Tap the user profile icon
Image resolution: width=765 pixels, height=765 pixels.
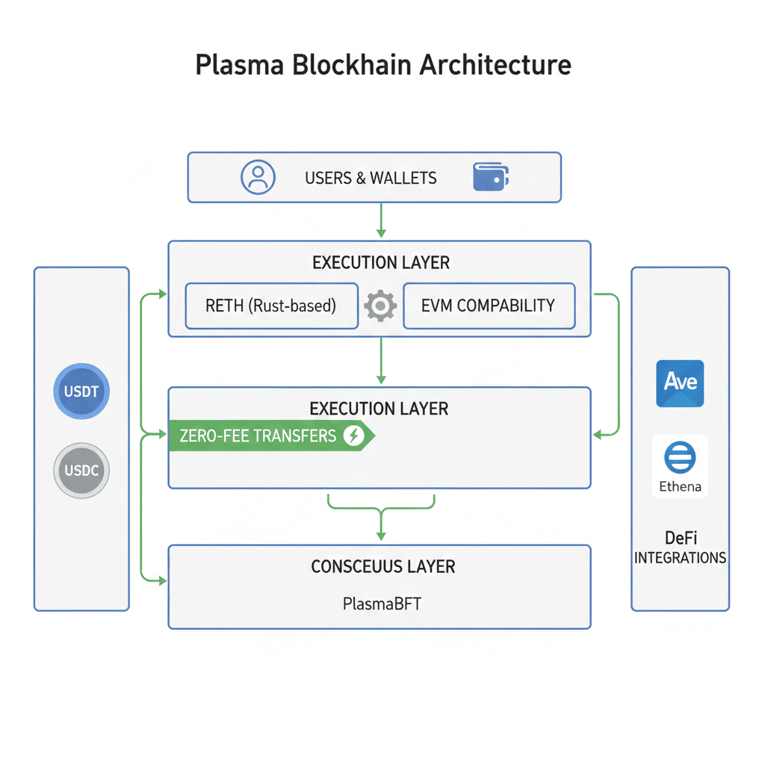tap(258, 177)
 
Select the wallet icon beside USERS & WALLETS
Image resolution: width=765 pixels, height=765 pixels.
tap(491, 177)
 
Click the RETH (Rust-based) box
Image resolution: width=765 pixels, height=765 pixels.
tap(271, 306)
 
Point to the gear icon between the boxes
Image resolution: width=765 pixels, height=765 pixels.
tap(380, 306)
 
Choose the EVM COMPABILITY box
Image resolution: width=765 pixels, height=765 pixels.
tap(489, 306)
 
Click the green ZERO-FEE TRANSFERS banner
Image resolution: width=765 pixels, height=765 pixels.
tap(269, 436)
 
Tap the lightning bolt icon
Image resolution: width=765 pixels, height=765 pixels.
tap(353, 436)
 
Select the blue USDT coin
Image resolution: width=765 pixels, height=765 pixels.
tap(81, 391)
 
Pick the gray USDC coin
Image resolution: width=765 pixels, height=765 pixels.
tap(81, 471)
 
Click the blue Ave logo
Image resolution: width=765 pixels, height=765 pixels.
tap(680, 383)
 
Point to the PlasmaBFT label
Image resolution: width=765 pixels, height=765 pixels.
tap(382, 603)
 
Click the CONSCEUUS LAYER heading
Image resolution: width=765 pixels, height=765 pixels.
tap(382, 566)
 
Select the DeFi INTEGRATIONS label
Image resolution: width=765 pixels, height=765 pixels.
tap(680, 547)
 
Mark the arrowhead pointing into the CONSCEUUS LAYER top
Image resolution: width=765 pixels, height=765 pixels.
tap(381, 535)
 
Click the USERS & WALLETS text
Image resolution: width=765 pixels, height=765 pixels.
tap(371, 178)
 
